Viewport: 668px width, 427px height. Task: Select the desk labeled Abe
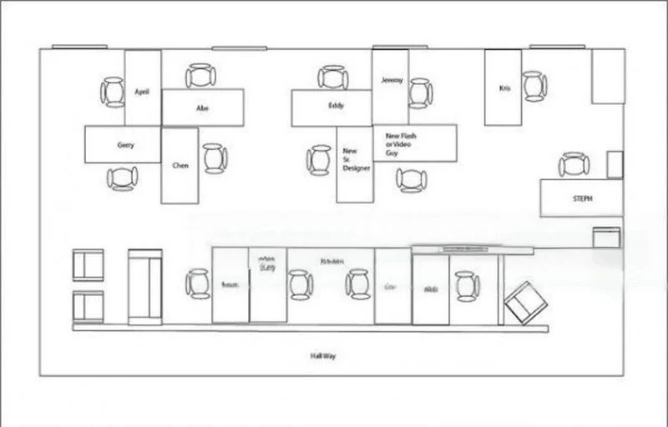point(203,108)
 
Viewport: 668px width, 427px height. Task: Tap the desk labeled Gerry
point(123,144)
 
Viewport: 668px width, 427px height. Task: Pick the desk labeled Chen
point(180,165)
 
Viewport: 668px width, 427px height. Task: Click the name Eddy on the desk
point(336,106)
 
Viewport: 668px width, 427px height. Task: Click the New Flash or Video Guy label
point(401,143)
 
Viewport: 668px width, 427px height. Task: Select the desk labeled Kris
point(503,88)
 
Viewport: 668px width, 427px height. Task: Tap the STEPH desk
point(581,198)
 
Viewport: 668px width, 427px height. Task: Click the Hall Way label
point(323,356)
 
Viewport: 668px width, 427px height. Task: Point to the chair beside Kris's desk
point(534,86)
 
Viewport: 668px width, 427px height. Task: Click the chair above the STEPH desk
point(574,164)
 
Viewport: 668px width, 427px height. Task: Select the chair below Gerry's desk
point(122,178)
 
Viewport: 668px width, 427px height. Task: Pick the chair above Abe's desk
point(200,77)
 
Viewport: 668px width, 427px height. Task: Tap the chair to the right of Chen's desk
point(215,158)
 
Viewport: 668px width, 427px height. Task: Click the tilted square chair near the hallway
point(526,302)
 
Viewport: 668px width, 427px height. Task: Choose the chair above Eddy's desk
point(332,78)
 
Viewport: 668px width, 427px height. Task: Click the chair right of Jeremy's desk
point(420,93)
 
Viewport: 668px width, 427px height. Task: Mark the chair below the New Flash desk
point(411,179)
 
